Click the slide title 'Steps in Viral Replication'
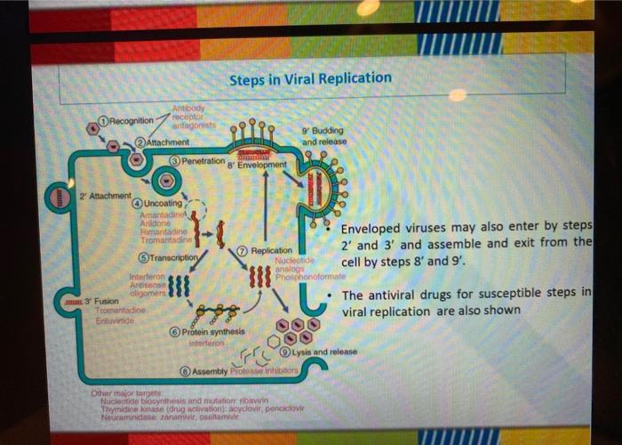pos(310,78)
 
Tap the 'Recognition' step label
pos(131,119)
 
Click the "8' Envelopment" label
pos(258,165)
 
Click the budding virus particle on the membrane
pos(316,189)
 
